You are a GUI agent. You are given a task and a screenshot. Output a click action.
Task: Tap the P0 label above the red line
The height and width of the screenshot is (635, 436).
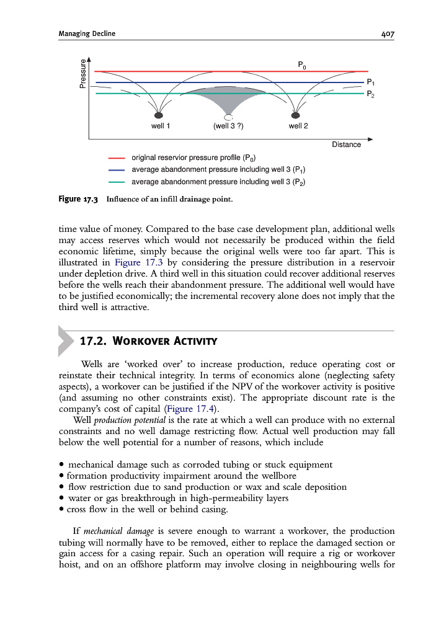pos(301,64)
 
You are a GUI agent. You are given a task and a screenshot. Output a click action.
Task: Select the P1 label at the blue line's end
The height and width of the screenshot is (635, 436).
pos(370,82)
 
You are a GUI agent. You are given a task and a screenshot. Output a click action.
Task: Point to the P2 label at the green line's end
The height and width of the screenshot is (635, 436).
pos(370,94)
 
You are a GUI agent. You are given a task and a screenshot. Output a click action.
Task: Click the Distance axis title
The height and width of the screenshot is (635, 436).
pos(346,144)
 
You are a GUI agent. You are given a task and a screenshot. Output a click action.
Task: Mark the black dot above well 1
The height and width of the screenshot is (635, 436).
pos(159,115)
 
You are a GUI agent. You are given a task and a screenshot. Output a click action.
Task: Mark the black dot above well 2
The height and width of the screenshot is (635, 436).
pos(295,115)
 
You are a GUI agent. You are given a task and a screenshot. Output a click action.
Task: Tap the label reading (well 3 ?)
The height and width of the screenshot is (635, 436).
pos(228,127)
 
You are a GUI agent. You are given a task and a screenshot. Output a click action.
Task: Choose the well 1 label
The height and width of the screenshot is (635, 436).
pos(161,127)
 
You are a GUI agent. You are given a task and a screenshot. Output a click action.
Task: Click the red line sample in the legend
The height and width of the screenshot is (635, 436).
pos(117,158)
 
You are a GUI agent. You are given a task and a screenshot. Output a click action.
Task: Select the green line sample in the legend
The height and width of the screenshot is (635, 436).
pos(117,182)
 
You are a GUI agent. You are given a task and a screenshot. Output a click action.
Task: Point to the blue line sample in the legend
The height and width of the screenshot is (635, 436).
pos(117,170)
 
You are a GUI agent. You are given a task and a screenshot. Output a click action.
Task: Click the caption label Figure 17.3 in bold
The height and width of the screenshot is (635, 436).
pos(78,199)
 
